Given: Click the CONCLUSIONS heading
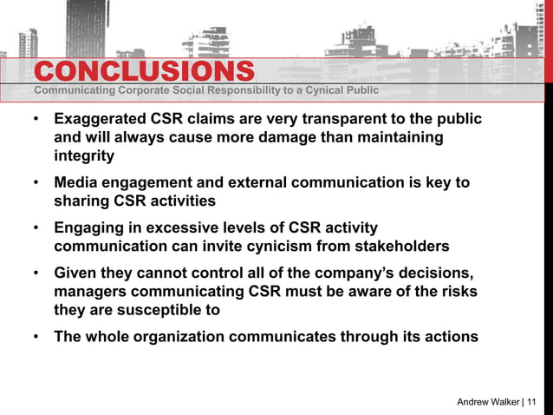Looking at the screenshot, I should pyautogui.click(x=144, y=71).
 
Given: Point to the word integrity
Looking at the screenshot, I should pyautogui.click(x=84, y=157).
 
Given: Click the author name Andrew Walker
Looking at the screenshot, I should pyautogui.click(x=489, y=401).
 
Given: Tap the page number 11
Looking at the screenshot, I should pyautogui.click(x=530, y=401).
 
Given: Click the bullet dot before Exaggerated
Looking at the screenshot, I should pyautogui.click(x=36, y=120).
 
